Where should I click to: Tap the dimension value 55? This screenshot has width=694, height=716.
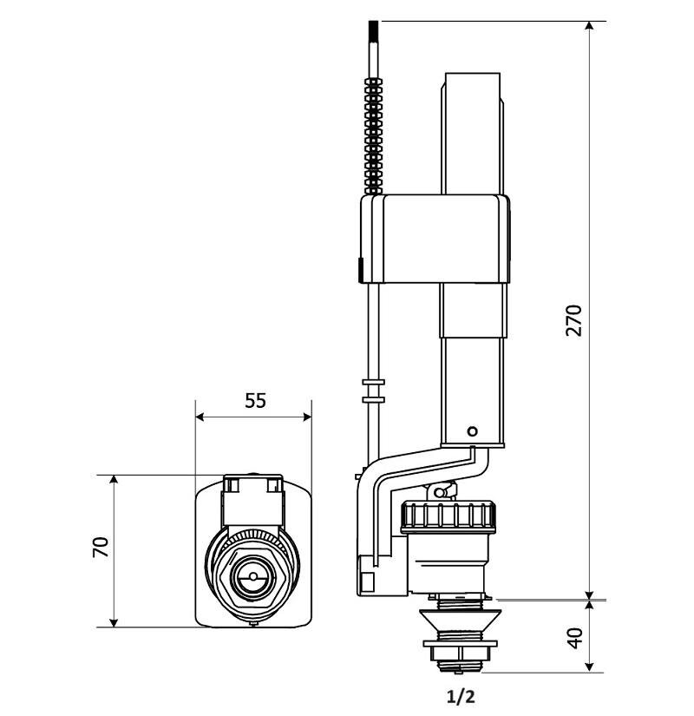tap(255, 400)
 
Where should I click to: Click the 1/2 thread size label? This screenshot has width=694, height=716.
tap(461, 696)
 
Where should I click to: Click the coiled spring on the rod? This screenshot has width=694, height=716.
tap(374, 135)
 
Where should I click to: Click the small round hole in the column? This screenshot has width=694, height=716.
tap(471, 430)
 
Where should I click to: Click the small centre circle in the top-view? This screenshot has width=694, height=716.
tap(252, 574)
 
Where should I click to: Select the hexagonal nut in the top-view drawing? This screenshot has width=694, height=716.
tap(252, 574)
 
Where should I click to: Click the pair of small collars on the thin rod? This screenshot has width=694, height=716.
tap(373, 390)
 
